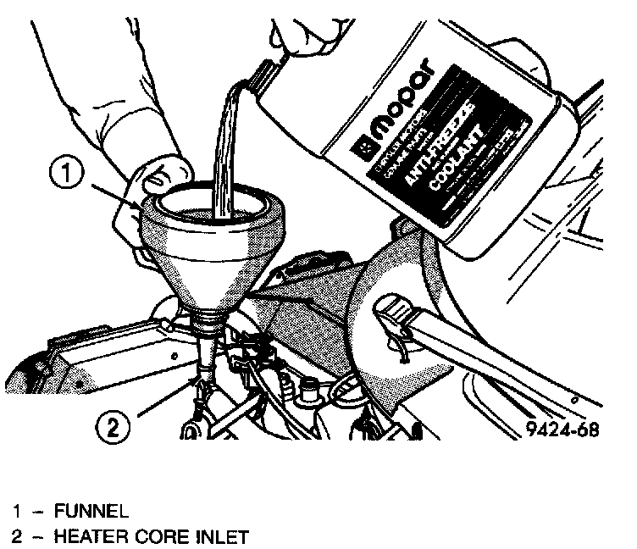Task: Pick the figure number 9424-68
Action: pos(561,429)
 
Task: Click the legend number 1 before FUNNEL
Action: pos(16,511)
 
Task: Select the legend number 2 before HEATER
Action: pos(16,535)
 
